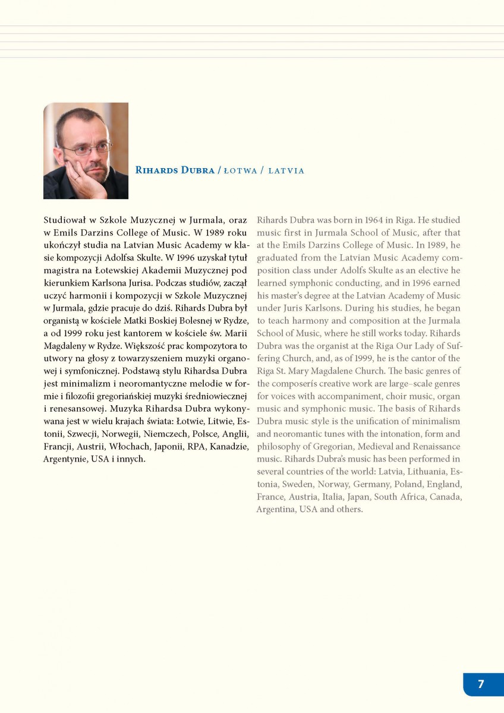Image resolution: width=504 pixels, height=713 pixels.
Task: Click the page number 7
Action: point(481,684)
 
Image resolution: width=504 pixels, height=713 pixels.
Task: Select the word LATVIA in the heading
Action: point(286,171)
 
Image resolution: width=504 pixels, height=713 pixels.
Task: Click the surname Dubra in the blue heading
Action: point(198,171)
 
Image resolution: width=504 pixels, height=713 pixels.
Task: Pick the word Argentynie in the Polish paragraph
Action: point(64,459)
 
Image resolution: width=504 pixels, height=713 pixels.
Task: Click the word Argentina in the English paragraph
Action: point(275,509)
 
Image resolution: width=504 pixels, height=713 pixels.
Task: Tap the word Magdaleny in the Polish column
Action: point(68,346)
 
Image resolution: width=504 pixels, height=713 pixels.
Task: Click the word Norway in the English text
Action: point(333,484)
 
